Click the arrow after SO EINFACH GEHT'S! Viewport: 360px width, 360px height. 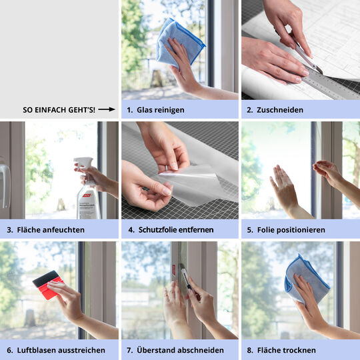click(x=107, y=109)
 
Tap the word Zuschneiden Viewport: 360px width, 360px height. click(x=280, y=109)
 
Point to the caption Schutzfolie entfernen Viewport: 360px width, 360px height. click(x=176, y=229)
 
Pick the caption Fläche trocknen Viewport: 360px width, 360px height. click(x=287, y=350)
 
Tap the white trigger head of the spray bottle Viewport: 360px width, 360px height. click(x=83, y=164)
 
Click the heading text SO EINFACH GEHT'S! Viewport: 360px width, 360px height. click(x=59, y=109)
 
